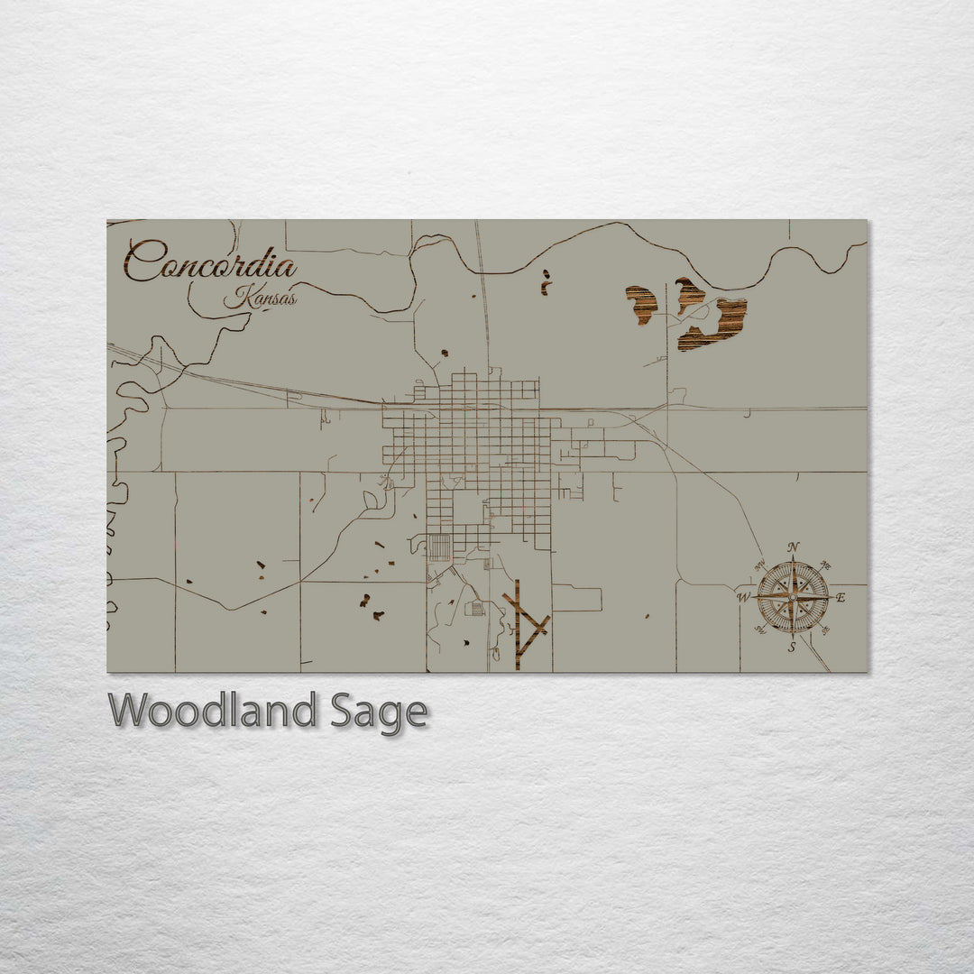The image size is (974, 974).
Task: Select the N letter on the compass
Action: coord(793,547)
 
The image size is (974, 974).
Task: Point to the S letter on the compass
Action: coord(792,647)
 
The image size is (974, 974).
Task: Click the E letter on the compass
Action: coord(841,598)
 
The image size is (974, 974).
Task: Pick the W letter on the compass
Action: coord(744,597)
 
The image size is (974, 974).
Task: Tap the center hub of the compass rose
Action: coord(793,597)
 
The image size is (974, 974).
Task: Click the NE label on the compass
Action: coord(826,565)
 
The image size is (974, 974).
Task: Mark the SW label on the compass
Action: coord(758,630)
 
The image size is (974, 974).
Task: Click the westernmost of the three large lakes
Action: coord(643,304)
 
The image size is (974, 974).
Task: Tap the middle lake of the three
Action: coord(690,294)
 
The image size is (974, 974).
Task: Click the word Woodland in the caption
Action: coord(212,711)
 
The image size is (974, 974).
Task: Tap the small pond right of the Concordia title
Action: coord(545,281)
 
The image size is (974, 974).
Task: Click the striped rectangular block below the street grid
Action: coord(439,547)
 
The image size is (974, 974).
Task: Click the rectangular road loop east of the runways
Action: coord(577,599)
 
